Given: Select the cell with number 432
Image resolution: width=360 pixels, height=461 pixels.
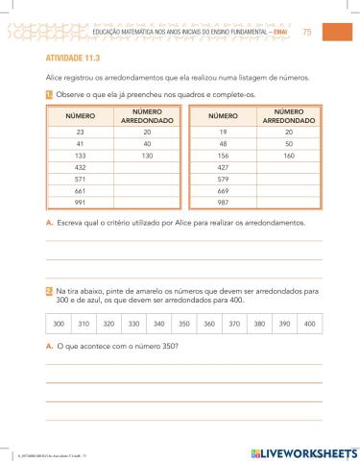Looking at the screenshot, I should (80, 166).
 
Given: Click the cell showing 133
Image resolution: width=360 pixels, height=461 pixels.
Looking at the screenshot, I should (80, 154).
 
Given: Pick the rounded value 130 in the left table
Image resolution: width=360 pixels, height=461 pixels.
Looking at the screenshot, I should (146, 154).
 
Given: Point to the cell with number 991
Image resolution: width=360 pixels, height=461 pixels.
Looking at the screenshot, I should (80, 203).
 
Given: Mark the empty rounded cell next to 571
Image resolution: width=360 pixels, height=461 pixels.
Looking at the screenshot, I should (146, 179).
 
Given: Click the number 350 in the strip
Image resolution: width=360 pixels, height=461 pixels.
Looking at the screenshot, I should (183, 324).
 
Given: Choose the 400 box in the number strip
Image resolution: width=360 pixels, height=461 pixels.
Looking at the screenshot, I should (309, 324).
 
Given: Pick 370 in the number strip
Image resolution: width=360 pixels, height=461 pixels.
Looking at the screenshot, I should (233, 324).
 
